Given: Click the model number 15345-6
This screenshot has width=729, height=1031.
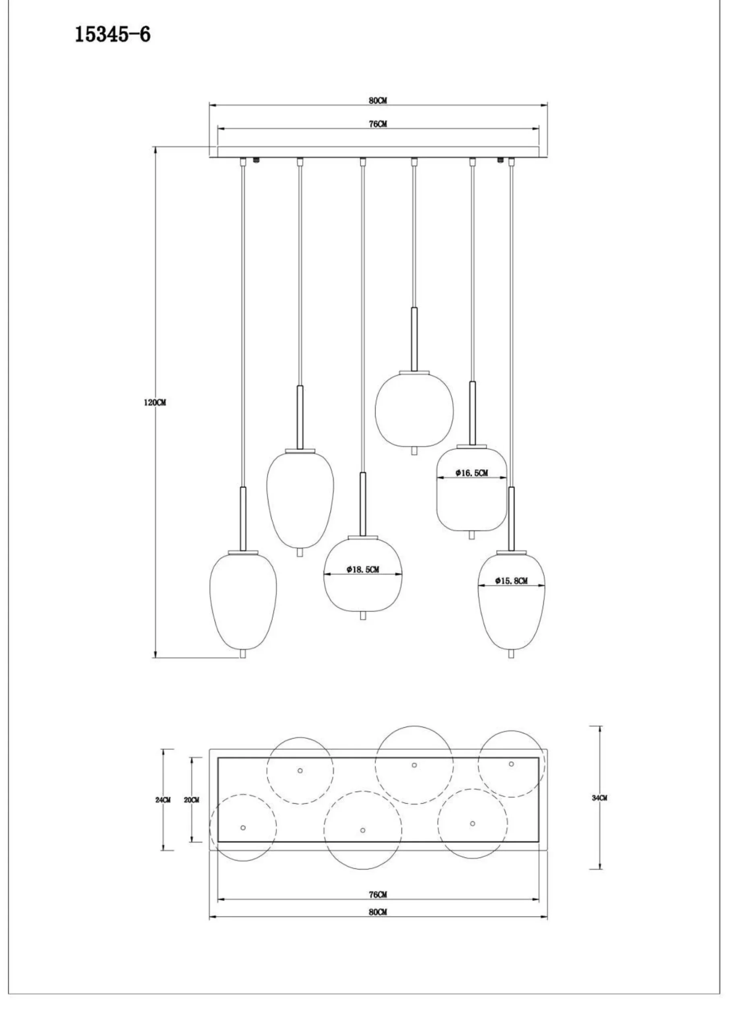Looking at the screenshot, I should coord(112,35).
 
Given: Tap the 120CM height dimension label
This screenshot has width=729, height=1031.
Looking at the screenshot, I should coord(155,403).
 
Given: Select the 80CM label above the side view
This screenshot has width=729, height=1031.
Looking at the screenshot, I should coord(378,101).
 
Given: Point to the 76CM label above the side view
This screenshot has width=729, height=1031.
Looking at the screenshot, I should coord(378,124).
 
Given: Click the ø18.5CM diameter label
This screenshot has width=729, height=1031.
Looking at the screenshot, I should coord(363,569).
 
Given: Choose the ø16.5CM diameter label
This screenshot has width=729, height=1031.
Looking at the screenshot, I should coord(472,472).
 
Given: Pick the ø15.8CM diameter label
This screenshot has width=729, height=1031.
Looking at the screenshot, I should coord(512,581).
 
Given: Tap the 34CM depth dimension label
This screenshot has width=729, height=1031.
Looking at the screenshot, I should coord(599,798).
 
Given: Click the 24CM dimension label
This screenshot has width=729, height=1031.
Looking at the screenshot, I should coord(163,800).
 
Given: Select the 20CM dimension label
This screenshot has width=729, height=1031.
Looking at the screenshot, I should coord(191,800).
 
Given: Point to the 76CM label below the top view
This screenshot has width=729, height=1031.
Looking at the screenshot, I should coord(378,894).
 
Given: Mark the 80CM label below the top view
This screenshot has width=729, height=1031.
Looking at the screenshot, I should coord(378,912).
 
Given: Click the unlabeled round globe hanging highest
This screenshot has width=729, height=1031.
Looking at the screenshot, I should coord(414,410).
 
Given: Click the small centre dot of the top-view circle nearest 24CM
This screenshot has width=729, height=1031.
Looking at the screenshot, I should coord(243,828).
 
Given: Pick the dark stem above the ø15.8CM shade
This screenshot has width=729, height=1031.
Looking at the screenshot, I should coord(511,519).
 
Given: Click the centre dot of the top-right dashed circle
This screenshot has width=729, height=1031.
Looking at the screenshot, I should coord(511,764).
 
